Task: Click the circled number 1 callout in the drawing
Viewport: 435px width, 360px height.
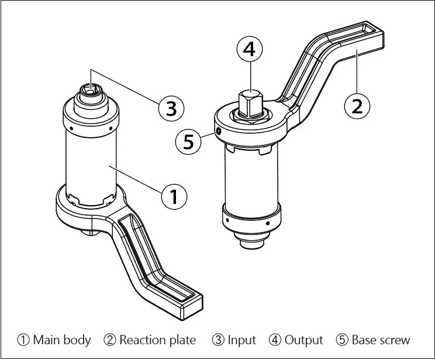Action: [x=174, y=197]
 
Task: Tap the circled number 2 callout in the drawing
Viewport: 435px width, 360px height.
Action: [x=357, y=106]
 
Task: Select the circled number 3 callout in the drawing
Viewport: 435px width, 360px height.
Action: [x=171, y=109]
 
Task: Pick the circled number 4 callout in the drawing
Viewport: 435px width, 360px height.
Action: [x=250, y=49]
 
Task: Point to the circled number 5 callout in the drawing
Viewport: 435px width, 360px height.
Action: [x=188, y=142]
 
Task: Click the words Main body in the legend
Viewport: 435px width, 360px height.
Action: [x=62, y=340]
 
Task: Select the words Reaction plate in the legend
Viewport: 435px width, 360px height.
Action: [x=158, y=340]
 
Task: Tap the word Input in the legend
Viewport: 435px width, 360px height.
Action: [x=241, y=340]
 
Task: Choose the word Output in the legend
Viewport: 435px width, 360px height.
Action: [x=304, y=340]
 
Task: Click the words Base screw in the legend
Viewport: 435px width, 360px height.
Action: [x=381, y=340]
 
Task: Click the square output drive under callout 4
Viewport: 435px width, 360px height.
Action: [x=250, y=105]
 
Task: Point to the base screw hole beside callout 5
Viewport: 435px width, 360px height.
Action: [x=219, y=131]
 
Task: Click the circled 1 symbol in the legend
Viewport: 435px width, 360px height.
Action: [x=23, y=340]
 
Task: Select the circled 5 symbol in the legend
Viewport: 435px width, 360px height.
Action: [x=342, y=340]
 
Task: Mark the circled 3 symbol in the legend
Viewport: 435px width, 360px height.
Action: [x=218, y=340]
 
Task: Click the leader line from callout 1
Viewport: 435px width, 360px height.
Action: [x=136, y=179]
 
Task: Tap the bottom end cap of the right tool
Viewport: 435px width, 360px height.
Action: [x=251, y=241]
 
